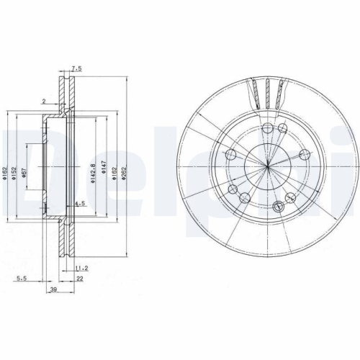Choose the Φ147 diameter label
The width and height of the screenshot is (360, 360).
(x=105, y=170)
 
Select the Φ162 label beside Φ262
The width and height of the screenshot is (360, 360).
(x=115, y=170)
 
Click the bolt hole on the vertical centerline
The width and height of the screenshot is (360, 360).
(x=267, y=128)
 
